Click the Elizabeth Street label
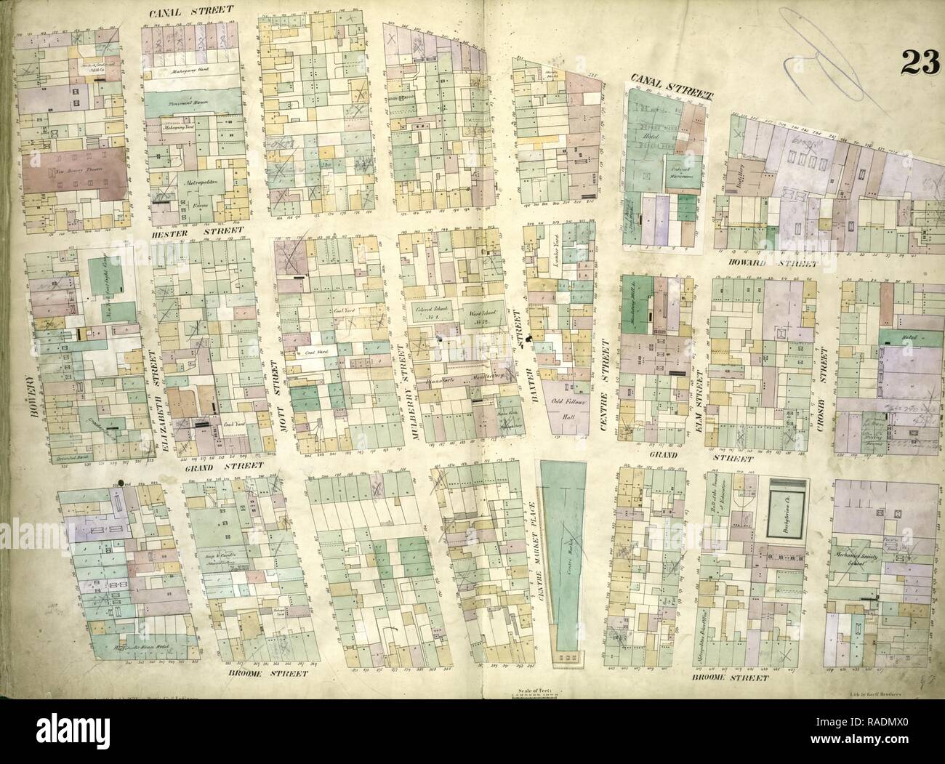[x=153, y=391]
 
